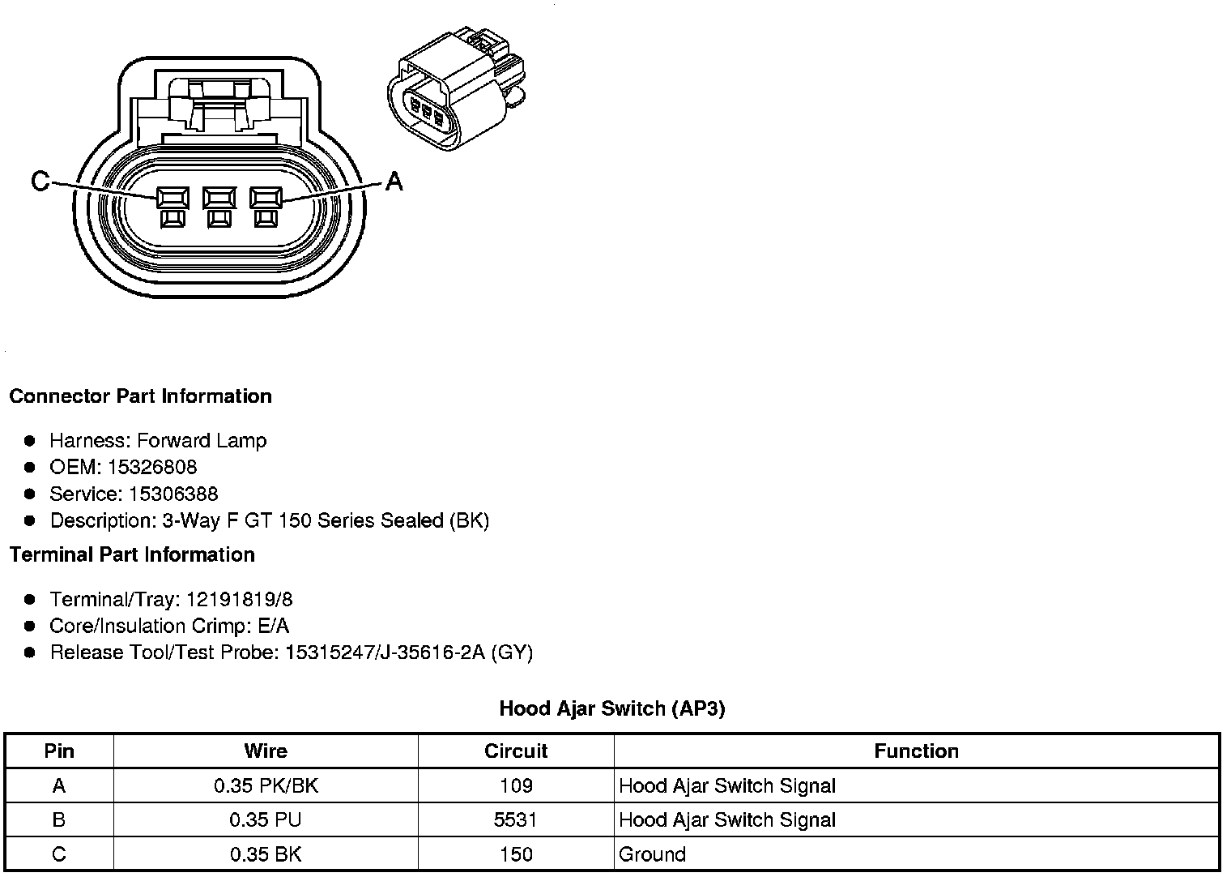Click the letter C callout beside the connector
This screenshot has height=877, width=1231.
click(x=40, y=181)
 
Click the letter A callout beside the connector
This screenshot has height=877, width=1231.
click(x=394, y=181)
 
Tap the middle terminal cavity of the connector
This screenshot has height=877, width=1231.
click(x=219, y=199)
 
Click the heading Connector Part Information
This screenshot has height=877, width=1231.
click(x=140, y=396)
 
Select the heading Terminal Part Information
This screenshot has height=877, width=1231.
click(x=132, y=554)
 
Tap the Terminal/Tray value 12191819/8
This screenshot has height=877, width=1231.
click(x=240, y=600)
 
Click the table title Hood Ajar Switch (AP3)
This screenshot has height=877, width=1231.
click(x=612, y=708)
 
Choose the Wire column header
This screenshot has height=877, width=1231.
click(x=266, y=751)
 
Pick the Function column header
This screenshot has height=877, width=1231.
click(x=916, y=751)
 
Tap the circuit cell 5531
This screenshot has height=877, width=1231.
click(x=516, y=819)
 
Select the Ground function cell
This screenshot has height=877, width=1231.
click(x=652, y=854)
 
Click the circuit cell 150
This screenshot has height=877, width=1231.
click(x=516, y=854)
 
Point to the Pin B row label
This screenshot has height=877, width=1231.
click(x=58, y=819)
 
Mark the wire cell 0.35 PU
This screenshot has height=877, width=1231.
click(x=266, y=819)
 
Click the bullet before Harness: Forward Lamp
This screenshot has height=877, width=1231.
click(x=30, y=441)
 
